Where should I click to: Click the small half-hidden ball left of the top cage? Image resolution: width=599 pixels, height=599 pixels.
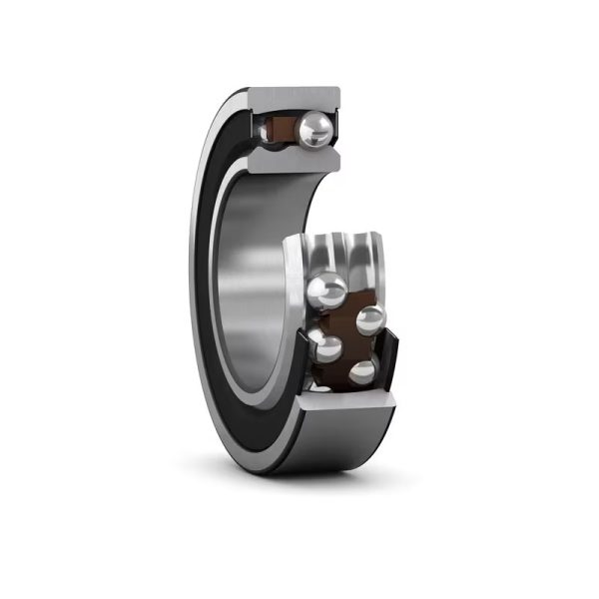coord(265,130)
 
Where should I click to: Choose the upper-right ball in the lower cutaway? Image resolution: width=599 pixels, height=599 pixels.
coord(370,319)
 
